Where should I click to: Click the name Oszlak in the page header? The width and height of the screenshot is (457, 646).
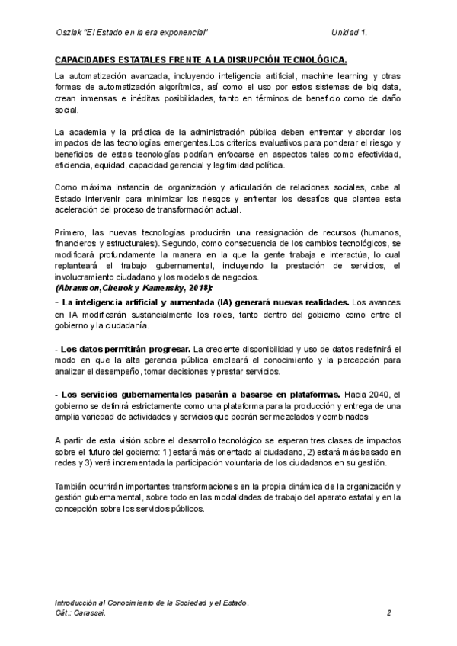pyautogui.click(x=71, y=32)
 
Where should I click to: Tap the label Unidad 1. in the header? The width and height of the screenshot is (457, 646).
pyautogui.click(x=350, y=32)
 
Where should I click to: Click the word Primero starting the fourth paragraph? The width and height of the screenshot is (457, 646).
pyautogui.click(x=72, y=232)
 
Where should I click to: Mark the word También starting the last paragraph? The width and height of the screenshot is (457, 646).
pyautogui.click(x=72, y=485)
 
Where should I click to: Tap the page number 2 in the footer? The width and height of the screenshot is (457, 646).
pyautogui.click(x=388, y=612)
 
